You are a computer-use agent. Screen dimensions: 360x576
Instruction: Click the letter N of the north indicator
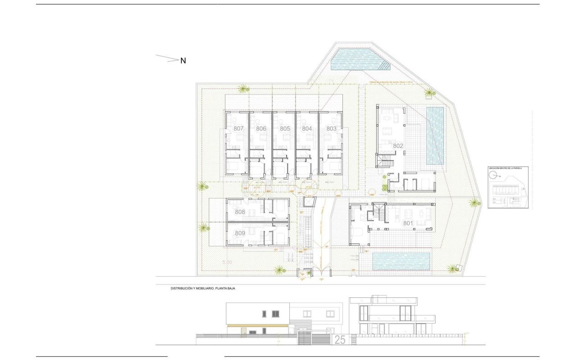click(183, 61)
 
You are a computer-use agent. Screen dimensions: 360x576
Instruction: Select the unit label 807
click(238, 129)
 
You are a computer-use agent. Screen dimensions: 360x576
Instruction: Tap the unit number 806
click(261, 129)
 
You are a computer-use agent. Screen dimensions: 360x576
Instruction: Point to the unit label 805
click(284, 129)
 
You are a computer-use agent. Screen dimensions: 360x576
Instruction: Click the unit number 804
click(307, 129)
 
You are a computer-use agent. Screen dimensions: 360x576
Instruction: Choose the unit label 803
click(331, 129)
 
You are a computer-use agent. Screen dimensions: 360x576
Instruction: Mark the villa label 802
click(398, 146)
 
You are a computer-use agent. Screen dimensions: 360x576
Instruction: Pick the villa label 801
click(408, 223)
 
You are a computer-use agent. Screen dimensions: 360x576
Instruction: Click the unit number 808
click(240, 212)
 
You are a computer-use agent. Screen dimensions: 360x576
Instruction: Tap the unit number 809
click(240, 233)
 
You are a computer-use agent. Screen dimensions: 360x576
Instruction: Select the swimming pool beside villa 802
click(435, 135)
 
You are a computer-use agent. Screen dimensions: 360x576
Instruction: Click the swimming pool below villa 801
click(401, 261)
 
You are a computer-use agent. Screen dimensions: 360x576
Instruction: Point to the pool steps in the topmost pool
click(384, 66)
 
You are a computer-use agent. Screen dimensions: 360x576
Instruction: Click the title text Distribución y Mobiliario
click(202, 288)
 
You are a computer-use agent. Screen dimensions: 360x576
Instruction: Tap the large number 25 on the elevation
click(340, 340)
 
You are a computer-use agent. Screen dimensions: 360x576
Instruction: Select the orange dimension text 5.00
click(227, 262)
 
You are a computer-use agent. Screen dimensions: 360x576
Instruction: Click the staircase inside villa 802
click(385, 160)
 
